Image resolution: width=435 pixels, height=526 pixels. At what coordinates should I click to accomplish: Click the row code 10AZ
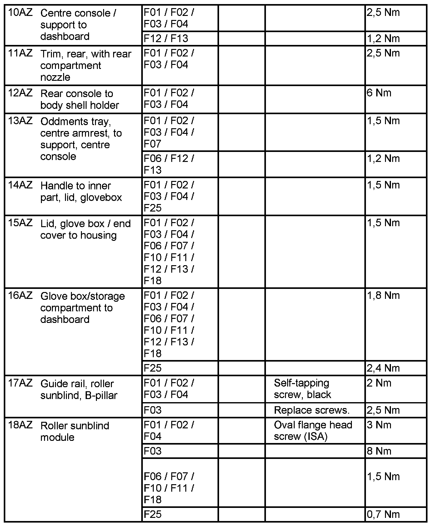(20, 13)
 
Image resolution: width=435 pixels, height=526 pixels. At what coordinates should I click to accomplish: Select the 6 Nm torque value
(379, 93)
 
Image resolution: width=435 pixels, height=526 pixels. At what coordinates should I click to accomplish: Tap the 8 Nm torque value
(379, 451)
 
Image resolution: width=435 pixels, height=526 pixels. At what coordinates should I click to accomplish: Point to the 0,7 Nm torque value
(383, 514)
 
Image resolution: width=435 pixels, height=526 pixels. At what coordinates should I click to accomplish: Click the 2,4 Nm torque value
(383, 368)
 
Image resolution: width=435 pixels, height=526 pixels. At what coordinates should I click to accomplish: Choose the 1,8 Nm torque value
(383, 295)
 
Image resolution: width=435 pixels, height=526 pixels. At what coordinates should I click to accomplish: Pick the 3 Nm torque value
(379, 425)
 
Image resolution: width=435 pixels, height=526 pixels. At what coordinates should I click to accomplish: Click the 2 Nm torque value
(379, 383)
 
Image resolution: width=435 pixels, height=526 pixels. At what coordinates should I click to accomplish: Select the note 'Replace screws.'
(312, 410)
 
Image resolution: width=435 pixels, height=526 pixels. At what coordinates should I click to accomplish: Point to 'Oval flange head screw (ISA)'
(313, 431)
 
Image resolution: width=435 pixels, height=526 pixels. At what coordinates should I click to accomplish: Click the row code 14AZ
(20, 185)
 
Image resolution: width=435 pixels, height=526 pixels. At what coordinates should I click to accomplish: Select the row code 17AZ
(20, 383)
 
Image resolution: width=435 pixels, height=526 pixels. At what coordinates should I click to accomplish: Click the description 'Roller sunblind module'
(75, 431)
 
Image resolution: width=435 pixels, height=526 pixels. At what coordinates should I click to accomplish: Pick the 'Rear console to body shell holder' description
(80, 99)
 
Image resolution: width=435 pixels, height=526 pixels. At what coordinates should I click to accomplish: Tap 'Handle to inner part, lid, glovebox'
(81, 192)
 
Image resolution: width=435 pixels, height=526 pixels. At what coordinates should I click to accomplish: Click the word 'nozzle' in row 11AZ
(55, 77)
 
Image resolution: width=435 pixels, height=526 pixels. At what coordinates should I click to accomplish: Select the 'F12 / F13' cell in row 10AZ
(166, 38)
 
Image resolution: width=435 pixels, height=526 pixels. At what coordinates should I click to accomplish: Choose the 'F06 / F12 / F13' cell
(168, 164)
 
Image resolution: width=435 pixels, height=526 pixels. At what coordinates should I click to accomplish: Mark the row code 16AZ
(20, 295)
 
